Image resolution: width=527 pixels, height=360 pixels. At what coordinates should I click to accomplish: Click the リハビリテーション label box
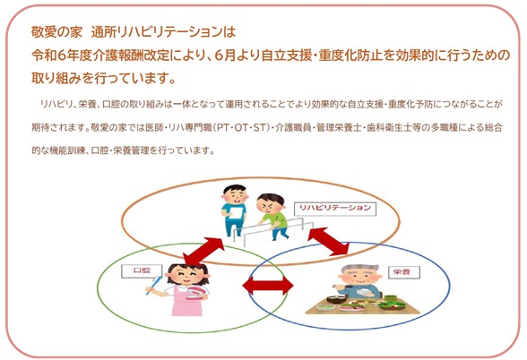click(335, 208)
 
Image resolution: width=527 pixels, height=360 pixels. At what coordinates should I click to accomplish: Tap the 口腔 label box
click(142, 270)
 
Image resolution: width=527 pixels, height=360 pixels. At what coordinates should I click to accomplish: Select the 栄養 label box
click(402, 272)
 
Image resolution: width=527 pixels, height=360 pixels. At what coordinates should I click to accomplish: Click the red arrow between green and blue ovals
click(267, 287)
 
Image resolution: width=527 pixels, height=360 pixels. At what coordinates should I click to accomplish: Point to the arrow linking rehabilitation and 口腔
click(204, 251)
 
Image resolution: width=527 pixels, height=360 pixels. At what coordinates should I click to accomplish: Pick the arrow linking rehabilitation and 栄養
click(329, 241)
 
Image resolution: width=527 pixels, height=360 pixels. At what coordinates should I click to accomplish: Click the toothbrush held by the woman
click(154, 285)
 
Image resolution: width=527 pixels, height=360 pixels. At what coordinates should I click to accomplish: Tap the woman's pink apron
click(186, 302)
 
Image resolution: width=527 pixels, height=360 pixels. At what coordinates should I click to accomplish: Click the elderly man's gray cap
click(359, 269)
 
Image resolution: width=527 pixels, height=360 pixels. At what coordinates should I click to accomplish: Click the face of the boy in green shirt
click(268, 206)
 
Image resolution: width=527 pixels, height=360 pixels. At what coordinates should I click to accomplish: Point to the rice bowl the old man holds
click(363, 293)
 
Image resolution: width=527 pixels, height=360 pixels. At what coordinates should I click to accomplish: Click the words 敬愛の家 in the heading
click(56, 32)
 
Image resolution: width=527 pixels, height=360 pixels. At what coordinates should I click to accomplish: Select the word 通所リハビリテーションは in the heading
click(163, 32)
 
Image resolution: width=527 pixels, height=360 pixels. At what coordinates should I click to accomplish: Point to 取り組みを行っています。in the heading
click(104, 78)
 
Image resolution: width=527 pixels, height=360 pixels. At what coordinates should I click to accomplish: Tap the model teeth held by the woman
click(196, 292)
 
